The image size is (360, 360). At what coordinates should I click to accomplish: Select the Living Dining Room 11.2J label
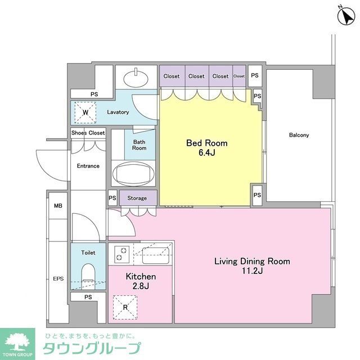[252, 266]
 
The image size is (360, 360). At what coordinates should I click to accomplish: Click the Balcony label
[299, 135]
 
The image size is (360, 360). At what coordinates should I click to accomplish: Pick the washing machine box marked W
[85, 111]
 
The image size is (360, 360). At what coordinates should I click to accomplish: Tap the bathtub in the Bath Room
[134, 173]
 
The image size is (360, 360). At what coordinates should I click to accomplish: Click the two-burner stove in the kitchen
[121, 254]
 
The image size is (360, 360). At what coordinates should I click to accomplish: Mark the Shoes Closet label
[88, 133]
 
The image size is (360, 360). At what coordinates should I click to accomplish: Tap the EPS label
[58, 278]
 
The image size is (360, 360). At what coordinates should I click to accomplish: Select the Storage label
[137, 198]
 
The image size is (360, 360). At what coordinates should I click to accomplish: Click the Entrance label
[88, 166]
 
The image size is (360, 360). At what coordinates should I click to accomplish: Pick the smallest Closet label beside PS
[239, 76]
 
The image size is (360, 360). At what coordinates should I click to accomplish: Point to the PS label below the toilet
[88, 297]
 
